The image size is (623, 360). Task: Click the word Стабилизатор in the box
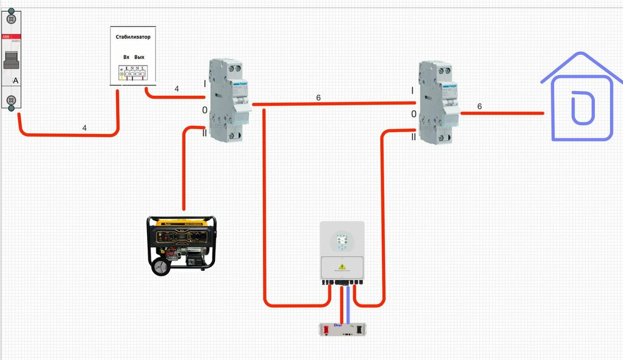133,37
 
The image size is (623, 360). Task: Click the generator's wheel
159,267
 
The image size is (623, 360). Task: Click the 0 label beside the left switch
204,110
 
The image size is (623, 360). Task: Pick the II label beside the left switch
204,133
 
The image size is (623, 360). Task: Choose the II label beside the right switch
413,137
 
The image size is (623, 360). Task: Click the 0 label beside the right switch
413,115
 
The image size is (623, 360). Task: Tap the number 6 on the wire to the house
479,107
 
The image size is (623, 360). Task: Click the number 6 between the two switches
318,98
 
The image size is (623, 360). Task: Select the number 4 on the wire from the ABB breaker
85,128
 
